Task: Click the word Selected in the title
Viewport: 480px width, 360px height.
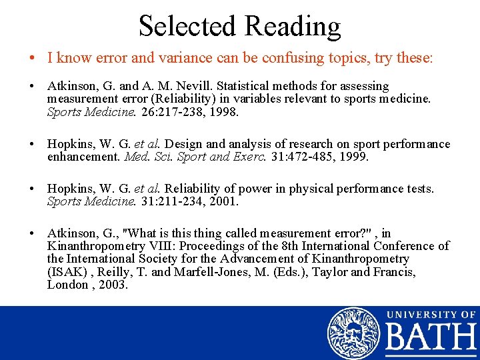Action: coord(187,26)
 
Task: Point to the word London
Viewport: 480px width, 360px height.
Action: coord(67,284)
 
